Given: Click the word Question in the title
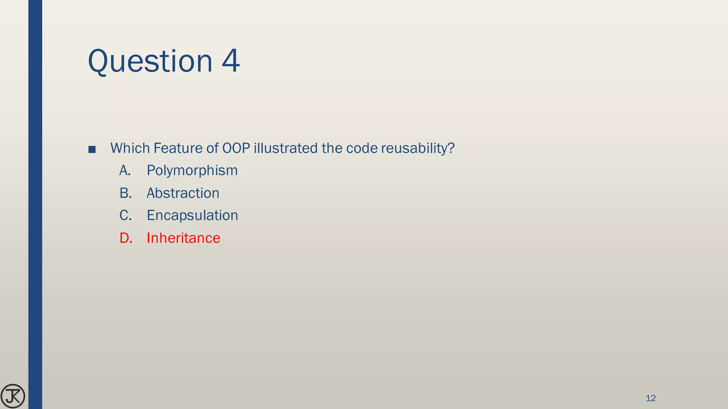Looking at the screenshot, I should tap(150, 61).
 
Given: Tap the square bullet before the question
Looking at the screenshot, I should tap(92, 149).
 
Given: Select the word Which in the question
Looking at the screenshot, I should tap(130, 148).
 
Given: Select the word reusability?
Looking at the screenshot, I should tap(418, 148).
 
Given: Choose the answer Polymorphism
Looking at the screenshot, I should tap(192, 171).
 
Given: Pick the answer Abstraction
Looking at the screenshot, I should tap(183, 193).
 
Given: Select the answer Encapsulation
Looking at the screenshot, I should tap(192, 216).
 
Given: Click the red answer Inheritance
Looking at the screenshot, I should tap(183, 238).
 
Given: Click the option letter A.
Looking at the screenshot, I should tap(125, 171).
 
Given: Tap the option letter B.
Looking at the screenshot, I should tap(125, 193).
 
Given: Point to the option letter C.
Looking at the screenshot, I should tap(125, 216).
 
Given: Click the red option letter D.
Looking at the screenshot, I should tap(126, 238).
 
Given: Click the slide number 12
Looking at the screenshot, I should tap(651, 398).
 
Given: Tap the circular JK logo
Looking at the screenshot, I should tap(13, 396).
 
